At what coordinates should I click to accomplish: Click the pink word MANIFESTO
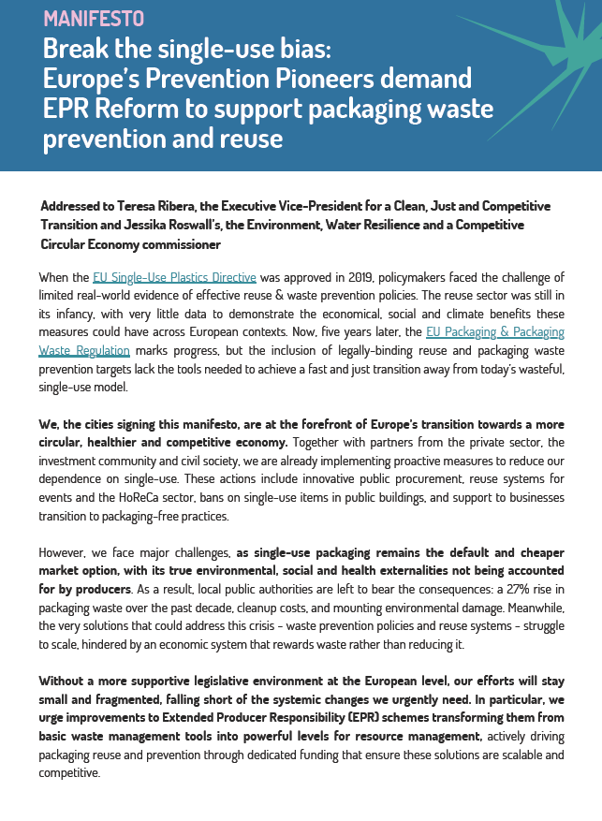click(94, 18)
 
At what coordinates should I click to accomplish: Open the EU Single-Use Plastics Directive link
click(174, 277)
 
